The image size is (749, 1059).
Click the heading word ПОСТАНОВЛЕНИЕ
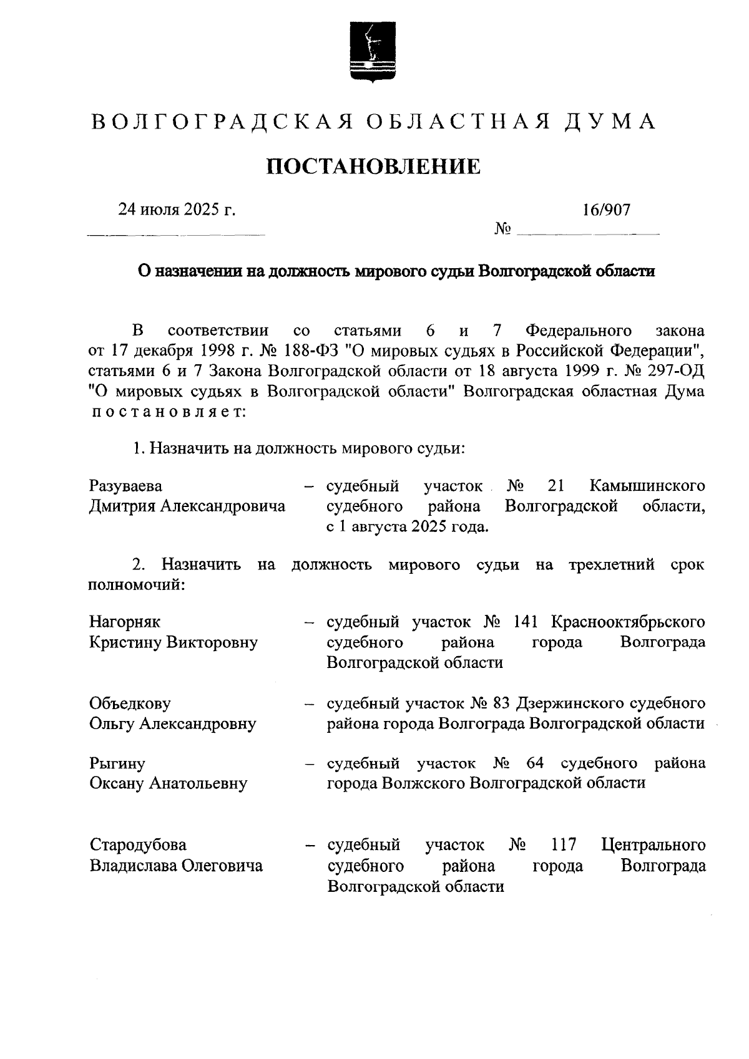[x=374, y=167]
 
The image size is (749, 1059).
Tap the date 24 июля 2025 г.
[x=177, y=210]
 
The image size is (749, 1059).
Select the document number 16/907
[x=607, y=210]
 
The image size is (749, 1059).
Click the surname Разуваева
[x=125, y=485]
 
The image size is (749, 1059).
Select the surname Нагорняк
[x=125, y=621]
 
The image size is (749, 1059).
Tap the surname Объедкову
[x=130, y=703]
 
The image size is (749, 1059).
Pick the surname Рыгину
[x=117, y=763]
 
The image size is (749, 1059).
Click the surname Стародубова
[x=138, y=844]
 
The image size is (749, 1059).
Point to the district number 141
[x=527, y=621]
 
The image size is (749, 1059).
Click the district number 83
[x=501, y=703]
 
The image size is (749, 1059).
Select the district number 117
[x=564, y=844]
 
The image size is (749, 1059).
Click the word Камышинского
[x=647, y=485]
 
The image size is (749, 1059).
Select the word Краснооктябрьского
[x=628, y=621]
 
